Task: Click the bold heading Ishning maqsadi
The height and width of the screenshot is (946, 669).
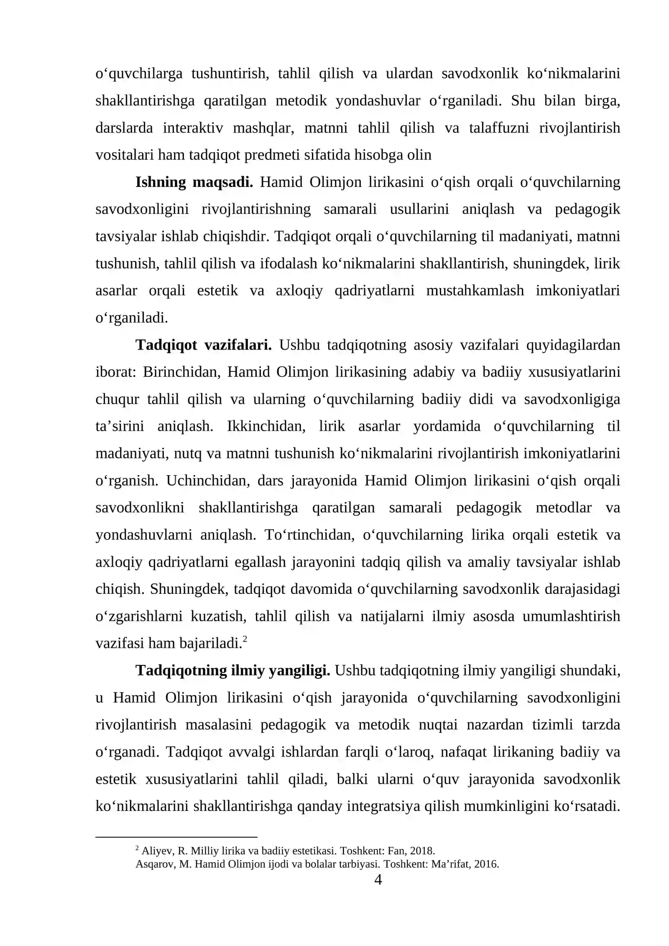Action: (x=194, y=182)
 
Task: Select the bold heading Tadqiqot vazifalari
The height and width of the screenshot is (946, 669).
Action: (x=204, y=345)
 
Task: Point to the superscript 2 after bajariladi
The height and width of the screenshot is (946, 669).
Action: (x=245, y=639)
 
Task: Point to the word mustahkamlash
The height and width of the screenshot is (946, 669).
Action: (x=475, y=291)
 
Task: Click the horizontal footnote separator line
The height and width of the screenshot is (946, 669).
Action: (x=176, y=838)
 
